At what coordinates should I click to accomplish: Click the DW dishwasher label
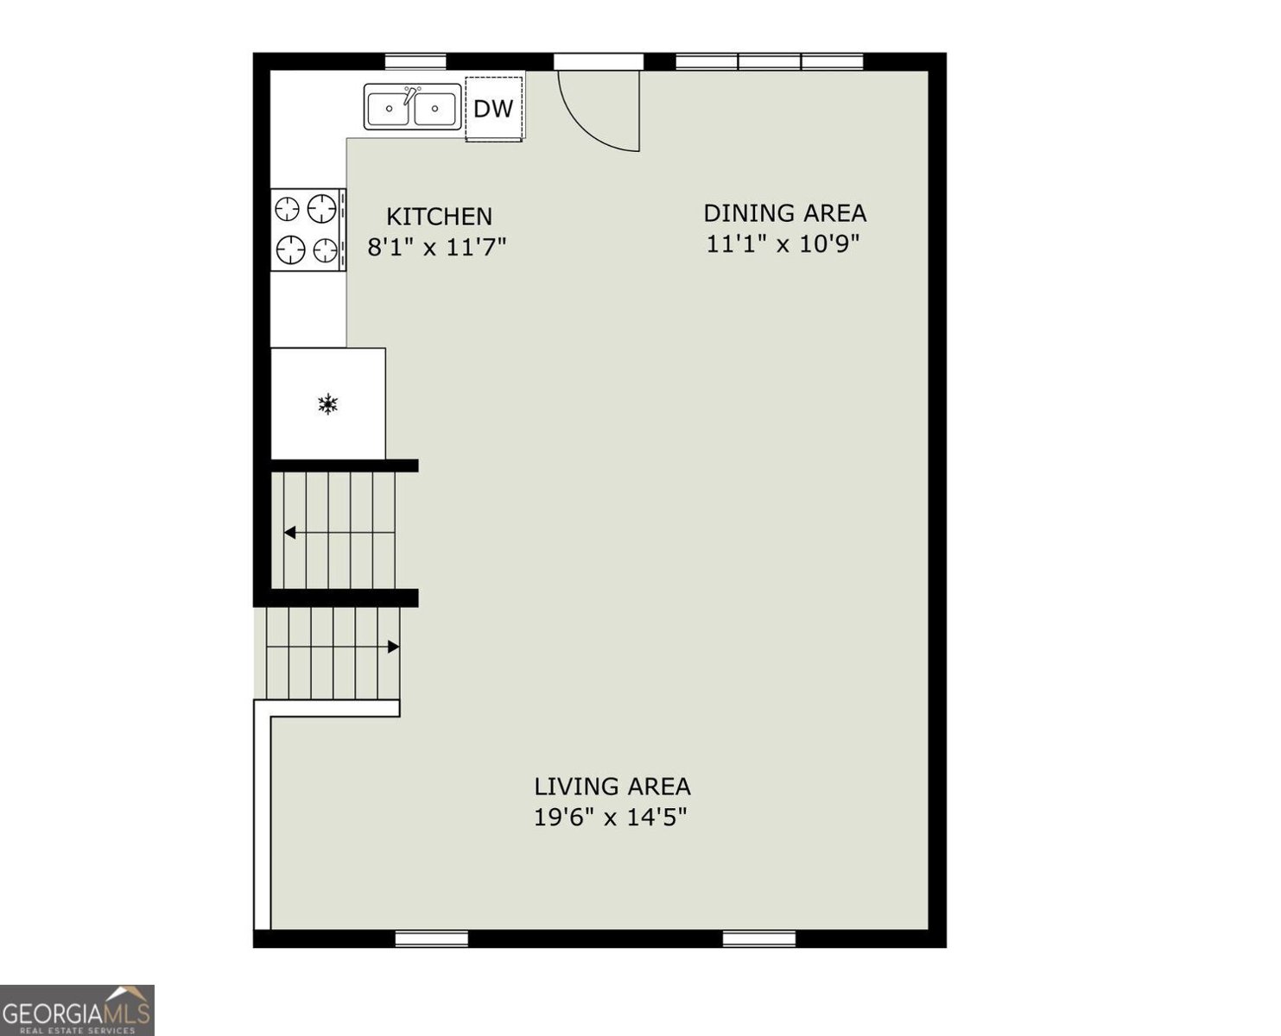pyautogui.click(x=493, y=109)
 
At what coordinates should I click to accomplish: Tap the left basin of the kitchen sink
pyautogui.click(x=389, y=109)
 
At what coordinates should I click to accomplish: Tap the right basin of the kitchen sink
pyautogui.click(x=434, y=109)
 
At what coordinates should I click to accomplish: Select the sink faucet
pyautogui.click(x=411, y=94)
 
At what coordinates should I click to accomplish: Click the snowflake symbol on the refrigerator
pyautogui.click(x=327, y=404)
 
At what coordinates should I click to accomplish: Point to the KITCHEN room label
pyautogui.click(x=439, y=217)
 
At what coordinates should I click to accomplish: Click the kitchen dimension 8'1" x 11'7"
pyautogui.click(x=437, y=246)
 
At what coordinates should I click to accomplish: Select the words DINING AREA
pyautogui.click(x=785, y=213)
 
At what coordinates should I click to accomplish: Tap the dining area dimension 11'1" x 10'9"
pyautogui.click(x=783, y=243)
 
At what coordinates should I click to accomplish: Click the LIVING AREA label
pyautogui.click(x=612, y=786)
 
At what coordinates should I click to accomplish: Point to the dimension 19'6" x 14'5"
pyautogui.click(x=611, y=817)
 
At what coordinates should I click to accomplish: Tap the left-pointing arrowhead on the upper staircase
pyautogui.click(x=290, y=533)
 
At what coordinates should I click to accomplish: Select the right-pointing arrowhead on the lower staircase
pyautogui.click(x=393, y=647)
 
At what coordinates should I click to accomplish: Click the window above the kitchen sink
pyautogui.click(x=415, y=62)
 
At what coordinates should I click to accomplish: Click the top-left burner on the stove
pyautogui.click(x=287, y=210)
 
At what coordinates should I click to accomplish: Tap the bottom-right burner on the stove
pyautogui.click(x=326, y=249)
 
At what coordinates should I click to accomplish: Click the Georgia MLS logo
pyautogui.click(x=77, y=1010)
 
